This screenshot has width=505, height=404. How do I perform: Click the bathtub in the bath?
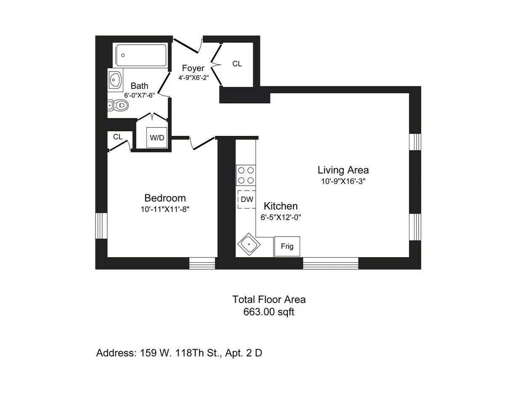tap(141, 55)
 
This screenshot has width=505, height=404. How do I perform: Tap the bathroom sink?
tap(114, 79)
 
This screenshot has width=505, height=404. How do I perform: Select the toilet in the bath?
tap(118, 105)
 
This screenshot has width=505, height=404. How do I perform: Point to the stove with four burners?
tap(246, 175)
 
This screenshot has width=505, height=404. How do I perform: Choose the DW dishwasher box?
tap(247, 199)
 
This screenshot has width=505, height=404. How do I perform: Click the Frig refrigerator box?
tap(287, 247)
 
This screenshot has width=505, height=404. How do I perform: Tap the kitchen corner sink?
tap(249, 244)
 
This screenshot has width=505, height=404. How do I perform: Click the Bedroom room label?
tap(165, 198)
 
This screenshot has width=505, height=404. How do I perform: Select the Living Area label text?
tap(343, 170)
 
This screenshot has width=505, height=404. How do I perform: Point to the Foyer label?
tap(193, 68)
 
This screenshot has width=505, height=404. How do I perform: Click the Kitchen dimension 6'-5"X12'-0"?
tap(281, 217)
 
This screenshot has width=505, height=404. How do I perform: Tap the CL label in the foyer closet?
tap(237, 64)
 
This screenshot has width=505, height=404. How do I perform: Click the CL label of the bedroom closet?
tap(117, 137)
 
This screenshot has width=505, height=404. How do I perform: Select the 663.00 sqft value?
tap(268, 312)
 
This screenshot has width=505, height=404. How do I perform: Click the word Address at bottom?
tap(115, 353)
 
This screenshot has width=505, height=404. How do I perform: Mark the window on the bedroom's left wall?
tap(101, 226)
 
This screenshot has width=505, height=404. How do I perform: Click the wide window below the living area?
tap(330, 263)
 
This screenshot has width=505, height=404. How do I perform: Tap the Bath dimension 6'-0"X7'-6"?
tap(139, 95)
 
